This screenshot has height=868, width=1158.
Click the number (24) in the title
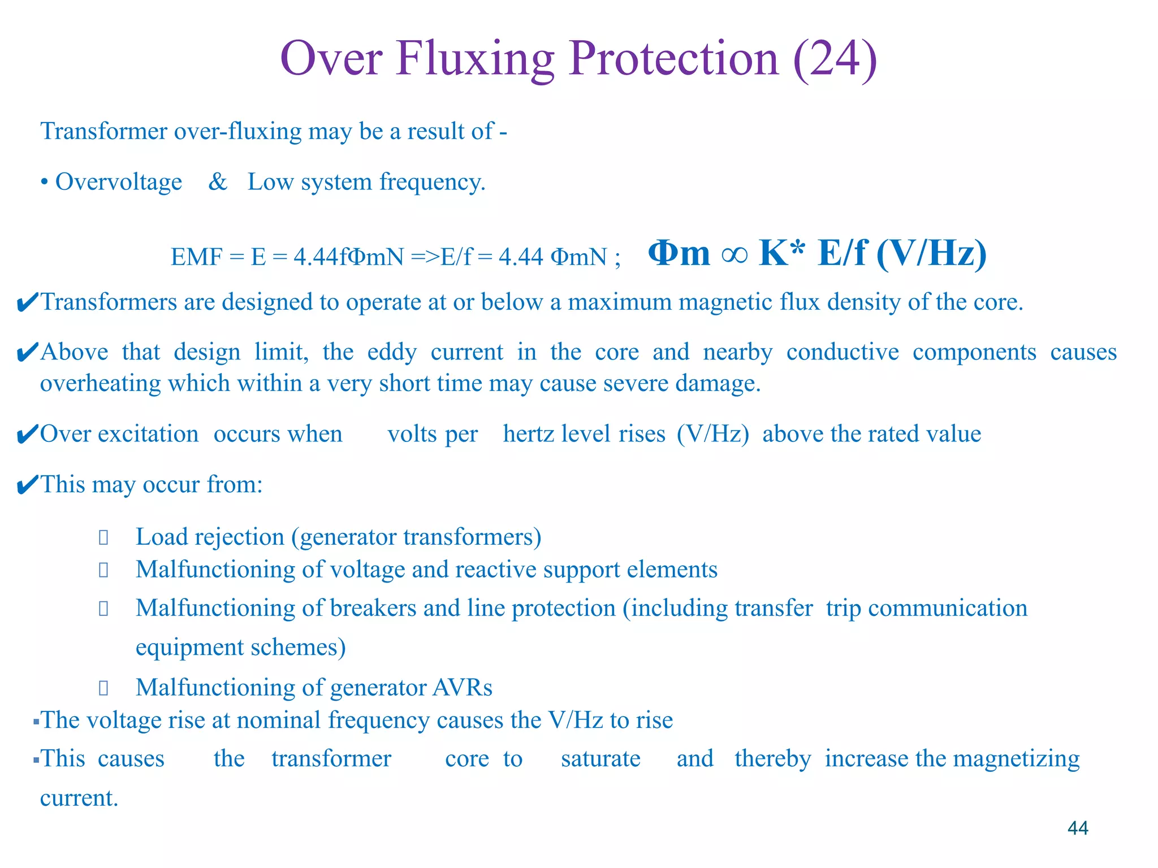[x=835, y=59]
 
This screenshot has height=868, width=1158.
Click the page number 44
[x=1078, y=828]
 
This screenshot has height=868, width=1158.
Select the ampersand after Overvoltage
[x=218, y=182]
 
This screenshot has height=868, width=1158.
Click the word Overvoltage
[x=119, y=182]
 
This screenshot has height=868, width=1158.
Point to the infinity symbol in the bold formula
[x=734, y=254]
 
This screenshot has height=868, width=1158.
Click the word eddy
[x=392, y=352]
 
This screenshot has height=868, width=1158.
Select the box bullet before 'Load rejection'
[x=103, y=537]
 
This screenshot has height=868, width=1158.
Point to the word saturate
[x=600, y=759]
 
